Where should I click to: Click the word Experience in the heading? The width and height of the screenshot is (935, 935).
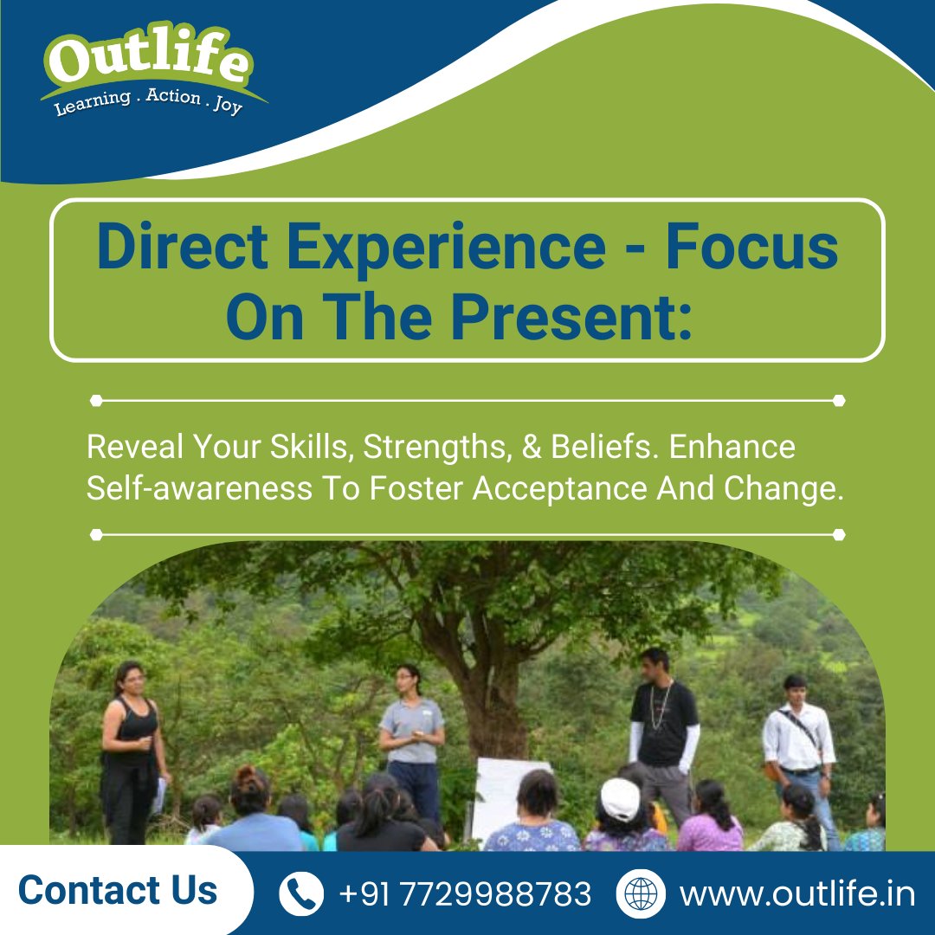(446, 247)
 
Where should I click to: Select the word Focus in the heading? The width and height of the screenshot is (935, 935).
(751, 247)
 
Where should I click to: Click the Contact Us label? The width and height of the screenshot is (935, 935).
(118, 891)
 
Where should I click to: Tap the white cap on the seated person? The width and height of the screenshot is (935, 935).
(620, 797)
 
